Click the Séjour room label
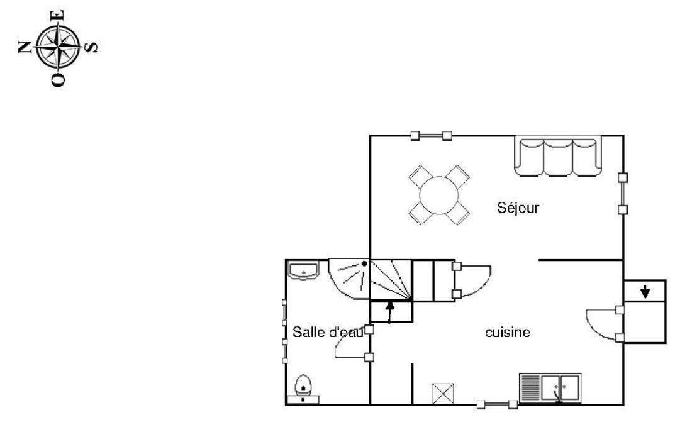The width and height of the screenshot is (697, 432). point(518,208)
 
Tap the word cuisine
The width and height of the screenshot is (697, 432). point(508,332)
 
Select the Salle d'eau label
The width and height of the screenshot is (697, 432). point(328,332)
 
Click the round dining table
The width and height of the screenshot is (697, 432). point(439,195)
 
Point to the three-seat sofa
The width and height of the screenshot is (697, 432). point(558,157)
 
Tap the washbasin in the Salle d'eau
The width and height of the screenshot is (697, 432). point(303,270)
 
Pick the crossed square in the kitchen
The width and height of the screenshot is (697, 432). point(443,394)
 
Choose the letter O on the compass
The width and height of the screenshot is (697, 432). point(59,80)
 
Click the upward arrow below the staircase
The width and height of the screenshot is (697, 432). point(390,312)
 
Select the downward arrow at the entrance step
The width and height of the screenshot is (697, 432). point(645,291)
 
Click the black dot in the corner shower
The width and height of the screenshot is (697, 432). point(364,263)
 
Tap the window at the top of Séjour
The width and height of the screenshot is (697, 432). point(431,136)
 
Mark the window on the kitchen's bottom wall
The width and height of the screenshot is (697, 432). point(497,404)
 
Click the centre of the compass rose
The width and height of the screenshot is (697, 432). point(59,47)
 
